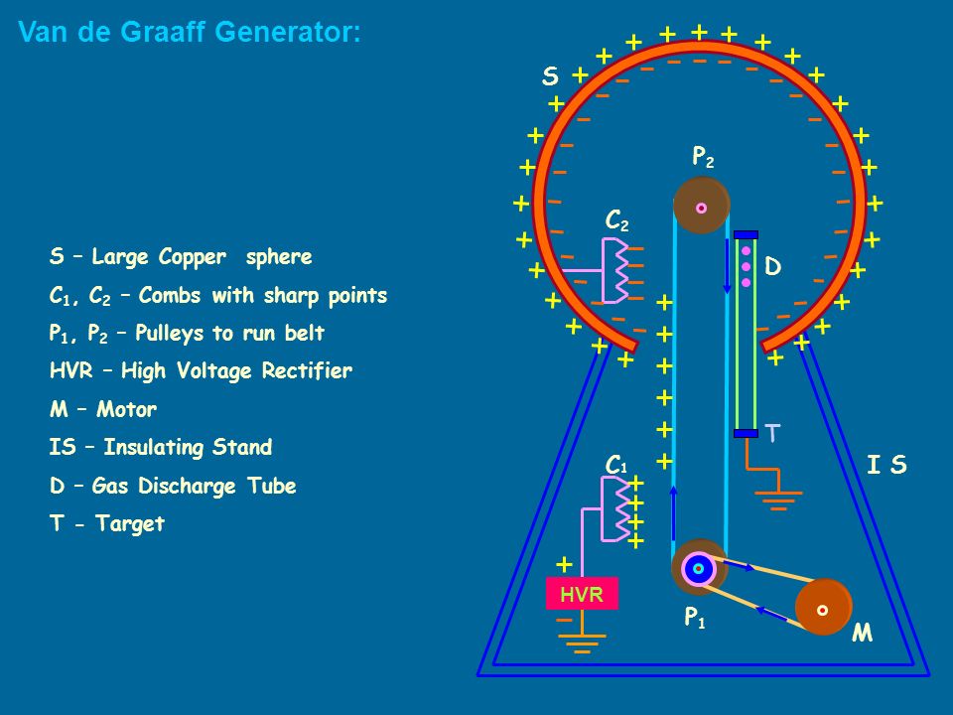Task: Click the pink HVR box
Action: click(x=582, y=594)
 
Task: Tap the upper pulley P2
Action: click(x=701, y=207)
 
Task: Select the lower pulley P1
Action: click(x=699, y=568)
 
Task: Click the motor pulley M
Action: click(x=824, y=608)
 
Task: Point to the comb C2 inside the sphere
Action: click(x=615, y=270)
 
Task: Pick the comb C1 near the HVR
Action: click(x=615, y=508)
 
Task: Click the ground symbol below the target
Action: click(x=778, y=500)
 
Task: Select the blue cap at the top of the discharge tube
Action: click(x=746, y=234)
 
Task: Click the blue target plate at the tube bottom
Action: click(x=746, y=434)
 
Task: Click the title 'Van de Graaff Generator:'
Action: click(x=190, y=32)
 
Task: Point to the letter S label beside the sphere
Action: click(x=550, y=76)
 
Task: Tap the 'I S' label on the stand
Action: click(x=886, y=465)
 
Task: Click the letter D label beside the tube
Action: click(x=772, y=266)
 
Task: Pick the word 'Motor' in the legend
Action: click(x=126, y=409)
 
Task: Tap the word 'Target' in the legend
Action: click(x=130, y=523)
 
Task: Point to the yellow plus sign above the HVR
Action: click(x=564, y=565)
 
